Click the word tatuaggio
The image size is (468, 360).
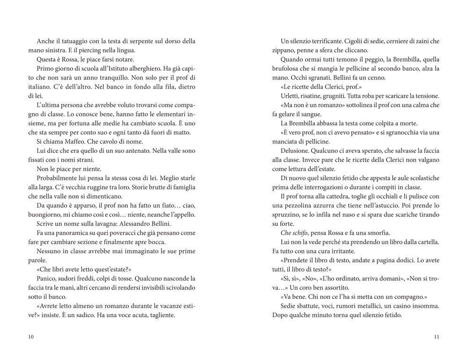coord(73,41)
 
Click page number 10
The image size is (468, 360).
coord(31,337)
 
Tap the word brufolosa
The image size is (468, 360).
coord(286,68)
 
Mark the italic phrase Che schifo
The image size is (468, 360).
coord(295,232)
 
